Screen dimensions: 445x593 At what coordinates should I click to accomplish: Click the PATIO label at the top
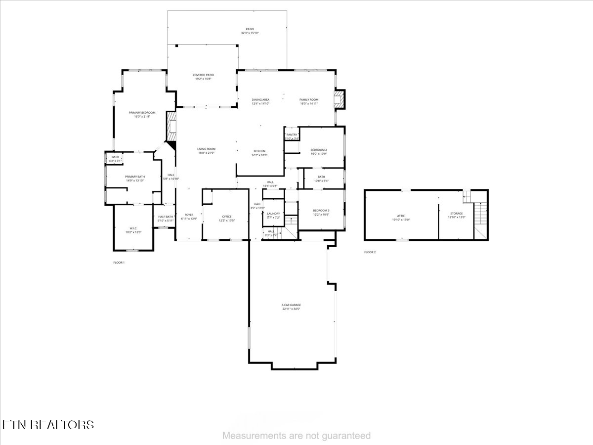click(250, 29)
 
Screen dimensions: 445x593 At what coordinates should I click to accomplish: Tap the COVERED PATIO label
click(203, 75)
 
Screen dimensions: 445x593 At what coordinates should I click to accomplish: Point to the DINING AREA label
click(260, 100)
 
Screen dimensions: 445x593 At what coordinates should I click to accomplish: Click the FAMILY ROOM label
click(309, 100)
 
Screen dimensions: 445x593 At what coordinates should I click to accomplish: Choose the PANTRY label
click(292, 135)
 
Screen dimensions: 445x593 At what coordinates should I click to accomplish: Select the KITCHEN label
click(260, 151)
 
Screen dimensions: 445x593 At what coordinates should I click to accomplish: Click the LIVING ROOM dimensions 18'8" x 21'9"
click(207, 153)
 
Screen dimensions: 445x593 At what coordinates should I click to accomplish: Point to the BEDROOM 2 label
click(319, 150)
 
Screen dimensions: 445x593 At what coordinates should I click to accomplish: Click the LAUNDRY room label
click(273, 214)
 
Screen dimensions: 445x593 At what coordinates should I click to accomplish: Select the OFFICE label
click(227, 217)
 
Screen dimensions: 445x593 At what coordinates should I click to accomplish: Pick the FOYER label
click(189, 215)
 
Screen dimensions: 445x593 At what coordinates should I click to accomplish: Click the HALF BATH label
click(166, 217)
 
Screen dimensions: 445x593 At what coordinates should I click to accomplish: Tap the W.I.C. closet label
click(133, 228)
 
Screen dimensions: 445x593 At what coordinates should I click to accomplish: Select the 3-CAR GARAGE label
click(292, 305)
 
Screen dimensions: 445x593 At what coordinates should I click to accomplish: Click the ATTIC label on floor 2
click(401, 216)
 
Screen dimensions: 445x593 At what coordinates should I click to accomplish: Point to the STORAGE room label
click(456, 213)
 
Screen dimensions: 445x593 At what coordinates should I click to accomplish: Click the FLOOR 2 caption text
click(370, 252)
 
